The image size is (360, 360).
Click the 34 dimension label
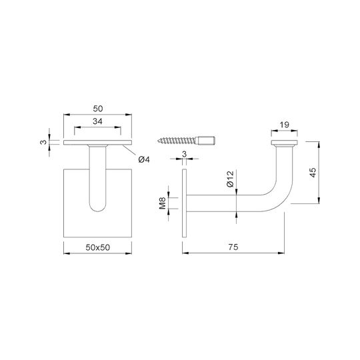click(x=97, y=121)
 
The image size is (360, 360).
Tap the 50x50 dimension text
click(x=98, y=247)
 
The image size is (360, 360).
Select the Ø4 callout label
click(x=144, y=159)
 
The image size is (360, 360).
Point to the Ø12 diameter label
click(x=230, y=179)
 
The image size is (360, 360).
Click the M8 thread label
click(x=162, y=203)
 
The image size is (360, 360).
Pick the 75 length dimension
click(x=233, y=247)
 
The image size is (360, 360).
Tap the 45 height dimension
click(x=313, y=173)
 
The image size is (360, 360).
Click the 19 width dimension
click(x=284, y=125)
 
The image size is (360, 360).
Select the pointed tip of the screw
click(x=159, y=141)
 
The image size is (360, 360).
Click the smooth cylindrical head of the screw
click(x=207, y=140)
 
